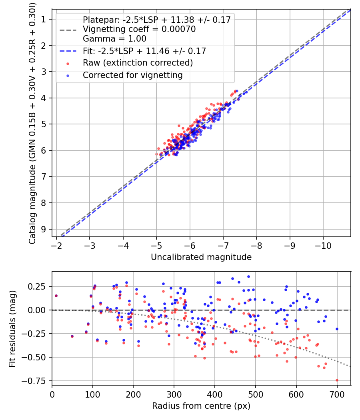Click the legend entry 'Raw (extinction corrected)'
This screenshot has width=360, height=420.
point(138,63)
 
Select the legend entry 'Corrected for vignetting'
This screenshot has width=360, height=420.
point(132,75)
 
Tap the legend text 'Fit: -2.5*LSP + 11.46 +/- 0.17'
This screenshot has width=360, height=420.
point(144,51)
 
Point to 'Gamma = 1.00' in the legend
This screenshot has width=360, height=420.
point(114,39)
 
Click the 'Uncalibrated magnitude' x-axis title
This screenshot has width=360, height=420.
point(201,257)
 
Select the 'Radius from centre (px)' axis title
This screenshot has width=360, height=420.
point(201,406)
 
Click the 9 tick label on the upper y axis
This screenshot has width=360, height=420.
point(43,229)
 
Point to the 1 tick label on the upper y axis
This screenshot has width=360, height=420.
point(43,19)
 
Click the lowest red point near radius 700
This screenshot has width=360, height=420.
point(337,380)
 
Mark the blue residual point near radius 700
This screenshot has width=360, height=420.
point(337,329)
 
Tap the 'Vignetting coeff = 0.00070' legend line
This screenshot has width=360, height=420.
point(139,29)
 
